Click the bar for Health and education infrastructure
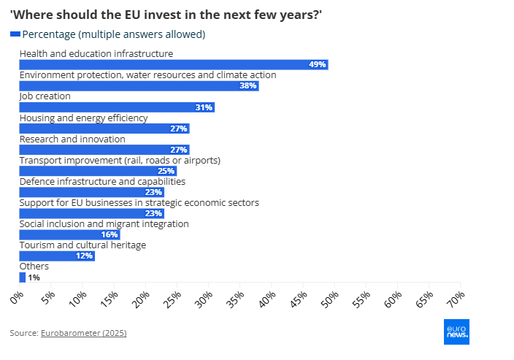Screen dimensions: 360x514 tap(173, 64)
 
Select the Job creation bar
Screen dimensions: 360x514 tap(117, 107)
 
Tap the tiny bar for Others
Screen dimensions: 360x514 tap(22, 277)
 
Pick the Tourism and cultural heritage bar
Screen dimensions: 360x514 tap(57, 256)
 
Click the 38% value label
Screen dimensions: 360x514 tap(248, 86)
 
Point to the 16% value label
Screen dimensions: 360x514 tap(110, 235)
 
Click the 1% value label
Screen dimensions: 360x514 tap(34, 277)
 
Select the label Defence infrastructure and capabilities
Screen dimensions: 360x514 tap(102, 181)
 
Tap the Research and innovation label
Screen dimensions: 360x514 tap(72, 139)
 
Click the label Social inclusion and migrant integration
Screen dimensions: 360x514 tap(104, 223)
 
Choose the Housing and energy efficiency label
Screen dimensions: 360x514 tap(83, 118)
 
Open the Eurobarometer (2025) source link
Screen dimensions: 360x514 tap(83, 333)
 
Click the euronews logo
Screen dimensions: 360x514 tap(457, 331)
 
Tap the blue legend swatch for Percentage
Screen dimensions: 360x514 tap(15, 34)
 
